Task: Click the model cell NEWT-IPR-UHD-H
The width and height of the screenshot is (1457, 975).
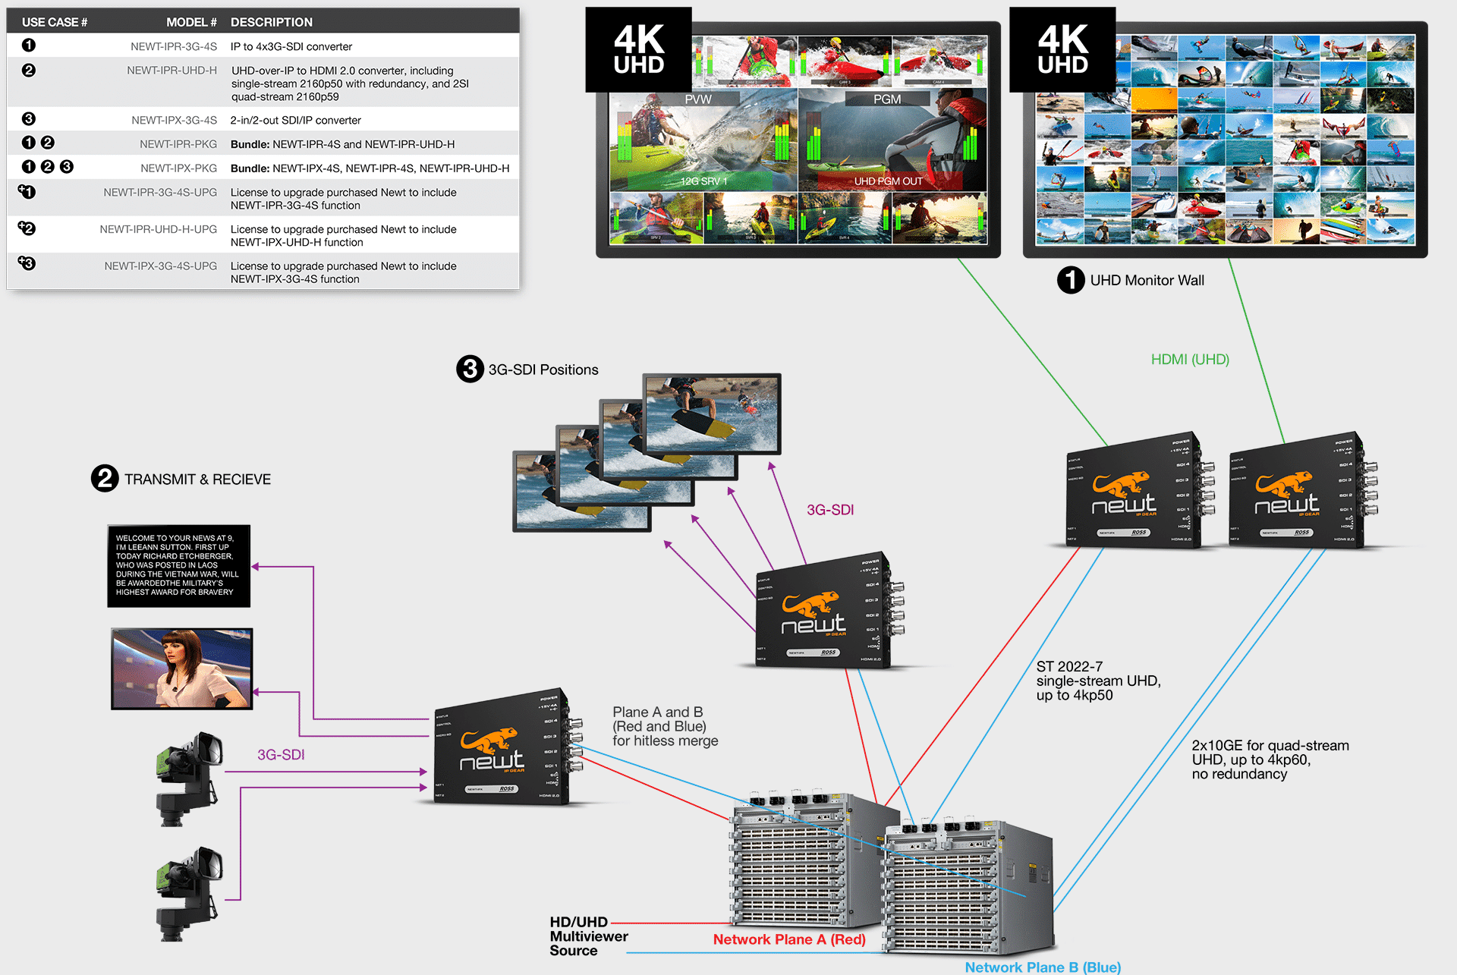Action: (x=172, y=71)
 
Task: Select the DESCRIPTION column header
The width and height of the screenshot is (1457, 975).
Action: (x=271, y=22)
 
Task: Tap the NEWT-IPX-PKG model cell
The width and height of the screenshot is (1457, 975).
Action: (x=178, y=168)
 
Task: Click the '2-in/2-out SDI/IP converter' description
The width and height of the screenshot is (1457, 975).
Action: (x=295, y=120)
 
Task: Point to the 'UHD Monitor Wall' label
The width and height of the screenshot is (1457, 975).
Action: (x=1147, y=281)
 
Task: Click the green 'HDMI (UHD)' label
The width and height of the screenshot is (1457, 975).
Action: (x=1189, y=360)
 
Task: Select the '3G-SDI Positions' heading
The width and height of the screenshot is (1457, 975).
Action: (x=543, y=370)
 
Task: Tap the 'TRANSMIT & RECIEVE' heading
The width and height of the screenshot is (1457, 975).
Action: (x=197, y=480)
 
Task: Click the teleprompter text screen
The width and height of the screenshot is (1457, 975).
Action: (x=178, y=565)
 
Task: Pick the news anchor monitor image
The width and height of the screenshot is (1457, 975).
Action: (x=181, y=668)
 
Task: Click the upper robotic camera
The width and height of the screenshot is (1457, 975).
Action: (x=189, y=777)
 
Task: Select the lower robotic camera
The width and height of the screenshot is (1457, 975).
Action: (x=189, y=893)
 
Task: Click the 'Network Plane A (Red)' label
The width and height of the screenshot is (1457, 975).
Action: (x=788, y=939)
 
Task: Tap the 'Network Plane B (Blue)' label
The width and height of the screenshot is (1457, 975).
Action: (x=1042, y=967)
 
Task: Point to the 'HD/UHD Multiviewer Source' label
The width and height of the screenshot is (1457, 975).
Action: (x=587, y=936)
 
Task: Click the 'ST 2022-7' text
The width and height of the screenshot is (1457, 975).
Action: (x=1069, y=667)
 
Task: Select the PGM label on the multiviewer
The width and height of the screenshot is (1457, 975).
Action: (x=886, y=99)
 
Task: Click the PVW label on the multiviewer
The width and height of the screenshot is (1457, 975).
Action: (x=698, y=99)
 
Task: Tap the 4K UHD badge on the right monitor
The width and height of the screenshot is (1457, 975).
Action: (x=1062, y=50)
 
